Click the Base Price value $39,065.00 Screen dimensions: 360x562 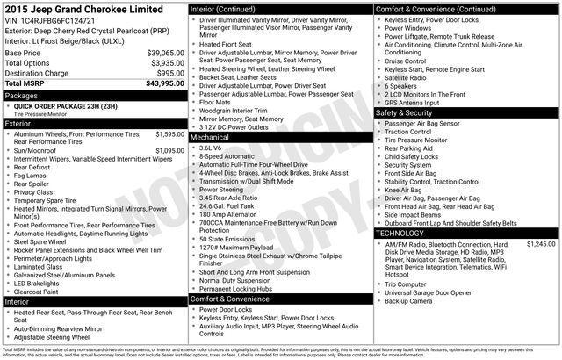click(165, 53)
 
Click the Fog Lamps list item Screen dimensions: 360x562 click(32, 176)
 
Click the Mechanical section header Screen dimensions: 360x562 click(210, 137)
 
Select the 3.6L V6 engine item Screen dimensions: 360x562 click(210, 148)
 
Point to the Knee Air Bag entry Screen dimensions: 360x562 click(405, 190)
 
